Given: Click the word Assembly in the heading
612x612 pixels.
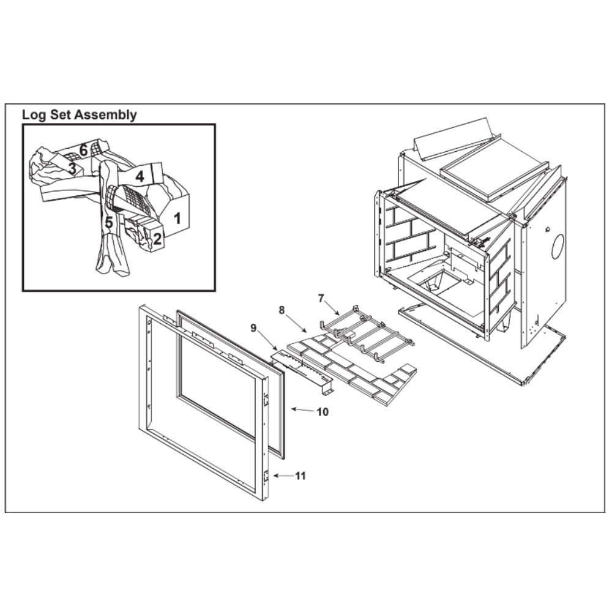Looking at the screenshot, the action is [105, 116].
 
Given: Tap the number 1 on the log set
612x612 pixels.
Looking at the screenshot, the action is [177, 218].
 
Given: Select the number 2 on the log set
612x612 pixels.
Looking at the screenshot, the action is [157, 239].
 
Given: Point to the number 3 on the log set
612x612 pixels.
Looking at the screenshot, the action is [72, 169].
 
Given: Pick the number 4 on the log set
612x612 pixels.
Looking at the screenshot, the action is [140, 177].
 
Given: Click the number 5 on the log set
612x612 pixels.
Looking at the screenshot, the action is [109, 223].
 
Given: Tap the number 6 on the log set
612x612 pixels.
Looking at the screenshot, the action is [83, 150].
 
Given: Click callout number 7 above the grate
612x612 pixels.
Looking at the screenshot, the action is [321, 299].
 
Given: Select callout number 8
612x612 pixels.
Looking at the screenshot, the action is [282, 310].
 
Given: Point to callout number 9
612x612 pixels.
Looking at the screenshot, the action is [254, 328].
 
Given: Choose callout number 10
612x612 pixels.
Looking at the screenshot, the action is [323, 412].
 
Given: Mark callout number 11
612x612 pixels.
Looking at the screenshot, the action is [300, 476].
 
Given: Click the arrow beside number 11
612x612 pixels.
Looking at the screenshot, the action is [283, 476].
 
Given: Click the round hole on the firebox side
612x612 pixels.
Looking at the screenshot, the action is [559, 247].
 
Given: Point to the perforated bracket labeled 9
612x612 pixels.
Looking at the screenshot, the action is [302, 370].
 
